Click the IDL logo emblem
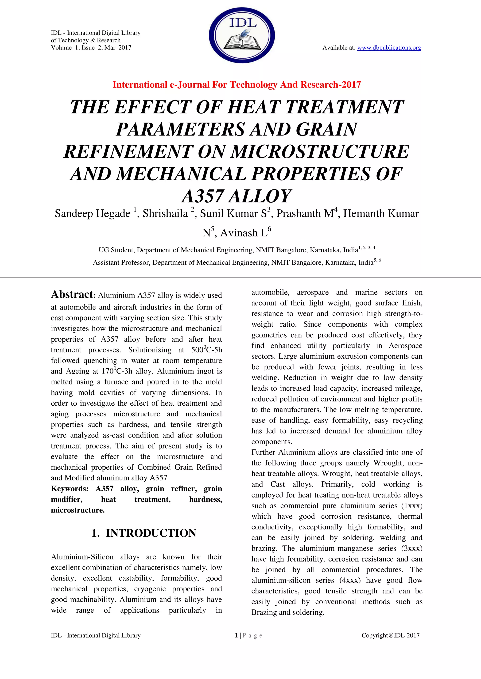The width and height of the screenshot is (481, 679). click(x=242, y=35)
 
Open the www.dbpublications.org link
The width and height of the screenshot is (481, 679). click(x=389, y=48)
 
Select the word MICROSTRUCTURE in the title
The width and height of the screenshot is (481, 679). click(x=320, y=152)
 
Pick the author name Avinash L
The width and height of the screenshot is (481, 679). click(x=244, y=233)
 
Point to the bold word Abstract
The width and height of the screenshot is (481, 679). click(x=73, y=294)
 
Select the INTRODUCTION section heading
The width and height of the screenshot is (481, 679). click(x=151, y=533)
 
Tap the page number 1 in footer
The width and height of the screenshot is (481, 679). click(x=236, y=635)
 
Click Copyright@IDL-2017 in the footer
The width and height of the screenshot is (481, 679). click(x=390, y=635)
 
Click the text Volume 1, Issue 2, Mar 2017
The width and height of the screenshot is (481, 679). click(x=91, y=48)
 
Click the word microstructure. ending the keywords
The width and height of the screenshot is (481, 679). click(x=78, y=510)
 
